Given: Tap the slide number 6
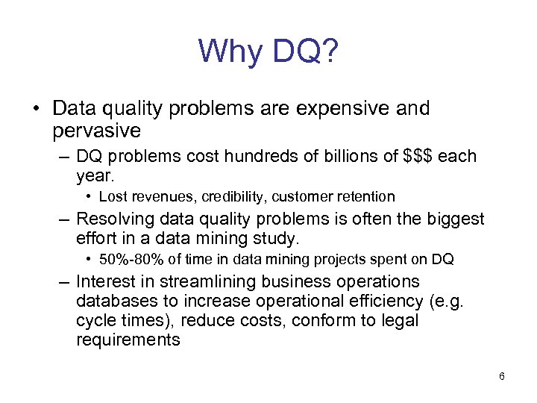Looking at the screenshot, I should (502, 376).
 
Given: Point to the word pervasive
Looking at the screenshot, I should (96, 131).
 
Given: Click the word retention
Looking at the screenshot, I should (365, 197).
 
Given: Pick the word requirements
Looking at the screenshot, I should (128, 340).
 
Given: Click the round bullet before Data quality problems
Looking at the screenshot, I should (36, 109).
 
